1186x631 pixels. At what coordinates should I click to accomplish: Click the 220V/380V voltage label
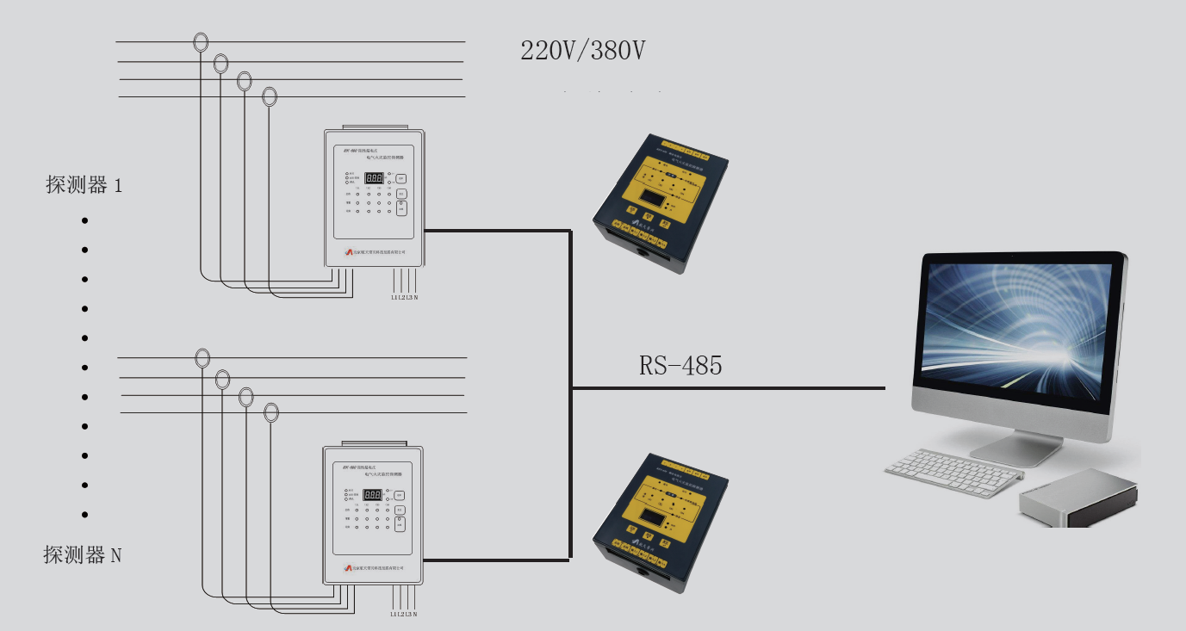[x=583, y=51]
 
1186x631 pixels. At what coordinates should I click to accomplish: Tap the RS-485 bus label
[x=680, y=366]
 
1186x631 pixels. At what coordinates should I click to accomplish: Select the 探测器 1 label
[x=84, y=184]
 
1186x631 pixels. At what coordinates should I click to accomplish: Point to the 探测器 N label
[x=83, y=555]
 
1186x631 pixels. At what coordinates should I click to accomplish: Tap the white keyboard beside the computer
[x=953, y=472]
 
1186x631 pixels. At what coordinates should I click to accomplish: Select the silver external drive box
[x=1078, y=498]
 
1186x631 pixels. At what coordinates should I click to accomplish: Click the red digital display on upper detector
[x=374, y=178]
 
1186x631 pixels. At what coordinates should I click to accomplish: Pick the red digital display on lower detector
[x=373, y=495]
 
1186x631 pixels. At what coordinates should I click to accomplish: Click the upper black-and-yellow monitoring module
[x=661, y=202]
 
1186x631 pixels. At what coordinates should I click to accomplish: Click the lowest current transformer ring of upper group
[x=270, y=96]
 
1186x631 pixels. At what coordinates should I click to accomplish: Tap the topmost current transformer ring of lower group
[x=202, y=357]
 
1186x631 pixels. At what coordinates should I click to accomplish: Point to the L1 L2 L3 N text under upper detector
[x=404, y=297]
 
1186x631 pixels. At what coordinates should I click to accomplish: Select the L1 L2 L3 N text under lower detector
[x=404, y=614]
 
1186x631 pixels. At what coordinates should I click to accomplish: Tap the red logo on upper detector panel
[x=349, y=251]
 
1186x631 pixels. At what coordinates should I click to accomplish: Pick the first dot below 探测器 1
[x=84, y=220]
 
